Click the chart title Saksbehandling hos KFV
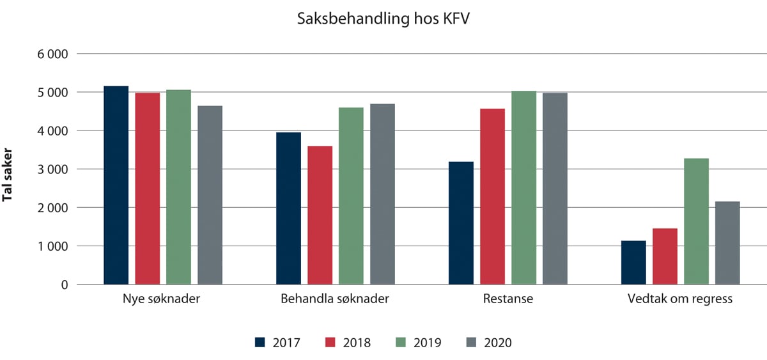(x=383, y=19)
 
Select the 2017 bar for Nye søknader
(x=116, y=185)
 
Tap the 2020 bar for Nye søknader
(x=210, y=195)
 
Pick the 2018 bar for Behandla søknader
(x=320, y=215)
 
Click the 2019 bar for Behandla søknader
(x=351, y=196)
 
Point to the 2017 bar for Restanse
(x=461, y=223)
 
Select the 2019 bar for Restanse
(x=523, y=188)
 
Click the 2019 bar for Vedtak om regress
(x=696, y=221)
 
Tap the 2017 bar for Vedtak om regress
(x=633, y=263)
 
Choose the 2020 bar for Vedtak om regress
(x=727, y=243)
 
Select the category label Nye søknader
(x=162, y=299)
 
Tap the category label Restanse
(x=507, y=299)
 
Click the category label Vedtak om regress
(x=680, y=299)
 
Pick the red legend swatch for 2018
(x=331, y=342)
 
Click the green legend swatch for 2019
(x=402, y=342)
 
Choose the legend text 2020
(x=499, y=343)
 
